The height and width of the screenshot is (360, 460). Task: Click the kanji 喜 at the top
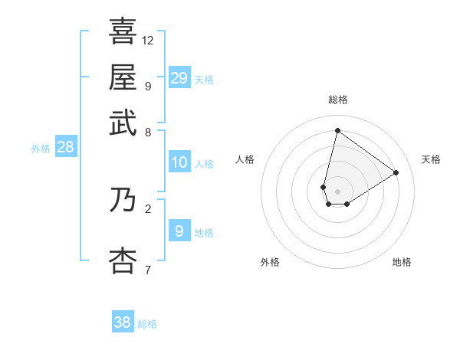(123, 32)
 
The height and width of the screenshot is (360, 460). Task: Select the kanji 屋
(123, 77)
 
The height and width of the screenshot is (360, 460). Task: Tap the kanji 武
(123, 123)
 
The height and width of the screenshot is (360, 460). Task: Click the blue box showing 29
(179, 78)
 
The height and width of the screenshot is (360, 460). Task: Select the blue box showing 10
(179, 162)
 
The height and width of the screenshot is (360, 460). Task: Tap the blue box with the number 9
(179, 231)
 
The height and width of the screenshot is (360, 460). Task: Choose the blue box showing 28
(66, 147)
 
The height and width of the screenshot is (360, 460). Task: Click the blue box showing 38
(123, 322)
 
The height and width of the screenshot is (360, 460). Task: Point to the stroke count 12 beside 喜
(148, 40)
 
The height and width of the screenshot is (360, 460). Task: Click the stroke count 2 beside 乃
(148, 208)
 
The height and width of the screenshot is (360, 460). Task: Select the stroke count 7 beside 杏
(148, 269)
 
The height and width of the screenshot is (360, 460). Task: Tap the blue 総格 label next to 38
(148, 324)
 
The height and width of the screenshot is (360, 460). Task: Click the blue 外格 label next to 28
(41, 149)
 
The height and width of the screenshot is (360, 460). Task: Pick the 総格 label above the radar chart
(337, 100)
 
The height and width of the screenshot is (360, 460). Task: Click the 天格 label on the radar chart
(431, 159)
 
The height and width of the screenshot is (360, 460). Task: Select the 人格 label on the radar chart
(245, 159)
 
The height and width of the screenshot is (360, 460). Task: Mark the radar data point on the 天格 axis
(396, 172)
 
